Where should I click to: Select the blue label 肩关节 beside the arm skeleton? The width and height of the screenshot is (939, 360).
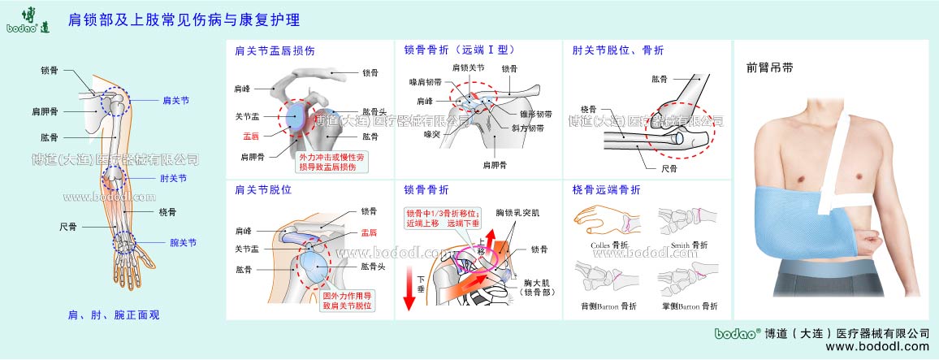point(175,101)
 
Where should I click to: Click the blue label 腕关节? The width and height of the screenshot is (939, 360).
point(183,242)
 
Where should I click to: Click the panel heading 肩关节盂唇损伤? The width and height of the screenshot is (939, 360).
point(275,50)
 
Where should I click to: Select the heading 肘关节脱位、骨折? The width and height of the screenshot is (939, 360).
point(617,50)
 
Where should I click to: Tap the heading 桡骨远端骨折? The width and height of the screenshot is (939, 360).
point(606,190)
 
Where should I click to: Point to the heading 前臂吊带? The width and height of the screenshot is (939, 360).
point(769,68)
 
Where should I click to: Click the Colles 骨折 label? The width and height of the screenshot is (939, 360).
point(609,245)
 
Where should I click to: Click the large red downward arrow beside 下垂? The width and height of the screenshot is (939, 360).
point(410,297)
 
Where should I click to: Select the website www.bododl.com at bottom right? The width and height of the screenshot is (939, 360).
point(876,347)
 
